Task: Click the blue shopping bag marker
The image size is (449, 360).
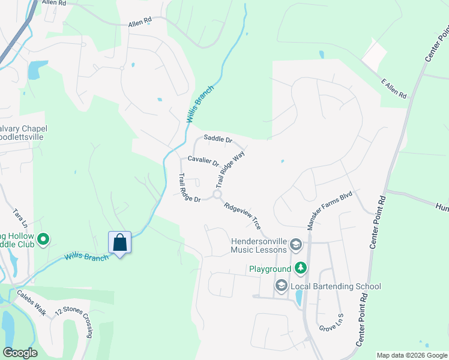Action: [120, 243]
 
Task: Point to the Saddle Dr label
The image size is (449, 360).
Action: [217, 139]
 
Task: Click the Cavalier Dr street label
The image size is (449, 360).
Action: [203, 161]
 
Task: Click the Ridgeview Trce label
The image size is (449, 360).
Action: [242, 215]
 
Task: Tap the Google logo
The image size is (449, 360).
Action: [20, 353]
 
